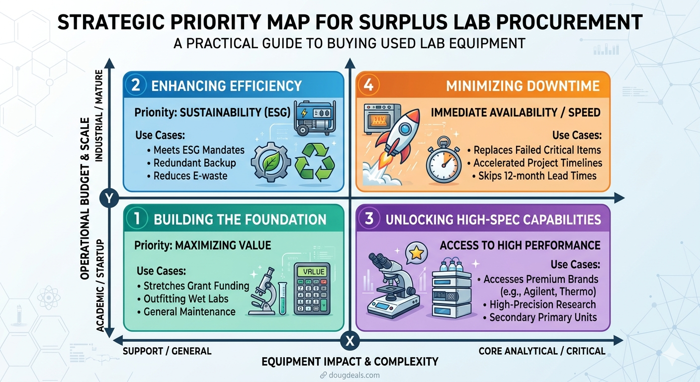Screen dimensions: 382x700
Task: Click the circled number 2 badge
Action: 136,85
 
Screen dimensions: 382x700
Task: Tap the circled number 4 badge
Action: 368,85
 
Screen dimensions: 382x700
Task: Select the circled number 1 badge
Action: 136,219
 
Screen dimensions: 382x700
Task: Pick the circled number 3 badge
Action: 369,219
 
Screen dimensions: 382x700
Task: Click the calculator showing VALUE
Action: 312,288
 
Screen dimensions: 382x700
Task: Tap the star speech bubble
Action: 416,254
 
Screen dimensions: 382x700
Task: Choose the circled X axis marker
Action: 350,341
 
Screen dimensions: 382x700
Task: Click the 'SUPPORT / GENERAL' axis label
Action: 167,351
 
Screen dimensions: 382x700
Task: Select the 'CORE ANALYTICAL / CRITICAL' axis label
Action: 542,351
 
